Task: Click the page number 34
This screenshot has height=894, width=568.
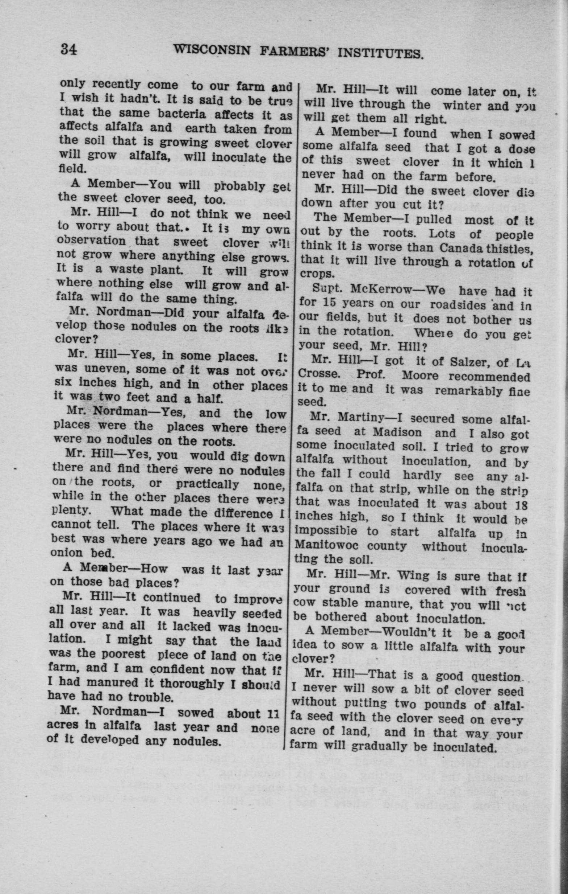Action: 69,49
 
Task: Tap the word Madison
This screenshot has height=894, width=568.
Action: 397,432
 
